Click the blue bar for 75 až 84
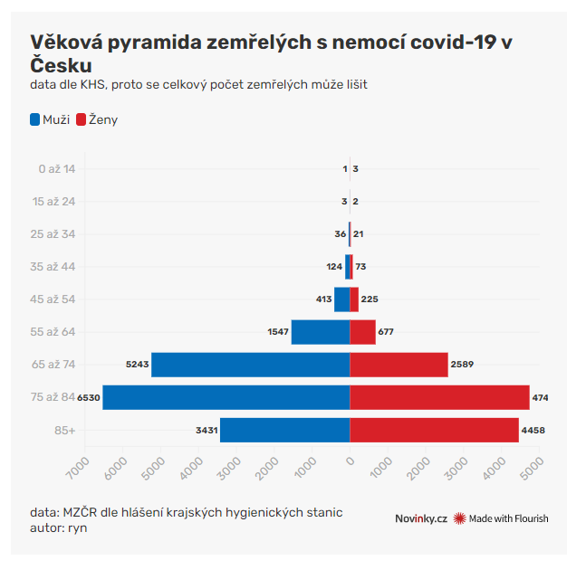click(x=226, y=397)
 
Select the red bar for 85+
click(x=434, y=430)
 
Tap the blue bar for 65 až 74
click(x=250, y=365)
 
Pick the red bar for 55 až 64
click(x=362, y=332)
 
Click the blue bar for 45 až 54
click(x=341, y=299)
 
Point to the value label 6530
click(x=89, y=397)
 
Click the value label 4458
click(x=533, y=430)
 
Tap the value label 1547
click(x=278, y=332)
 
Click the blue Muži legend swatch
click(x=35, y=119)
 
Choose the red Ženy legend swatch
click(x=81, y=119)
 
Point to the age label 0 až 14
click(x=57, y=169)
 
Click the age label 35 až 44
click(x=57, y=267)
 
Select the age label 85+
click(x=64, y=430)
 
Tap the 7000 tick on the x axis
click(x=76, y=468)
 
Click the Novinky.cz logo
click(x=421, y=518)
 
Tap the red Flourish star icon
click(x=460, y=518)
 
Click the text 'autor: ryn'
click(x=59, y=527)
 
